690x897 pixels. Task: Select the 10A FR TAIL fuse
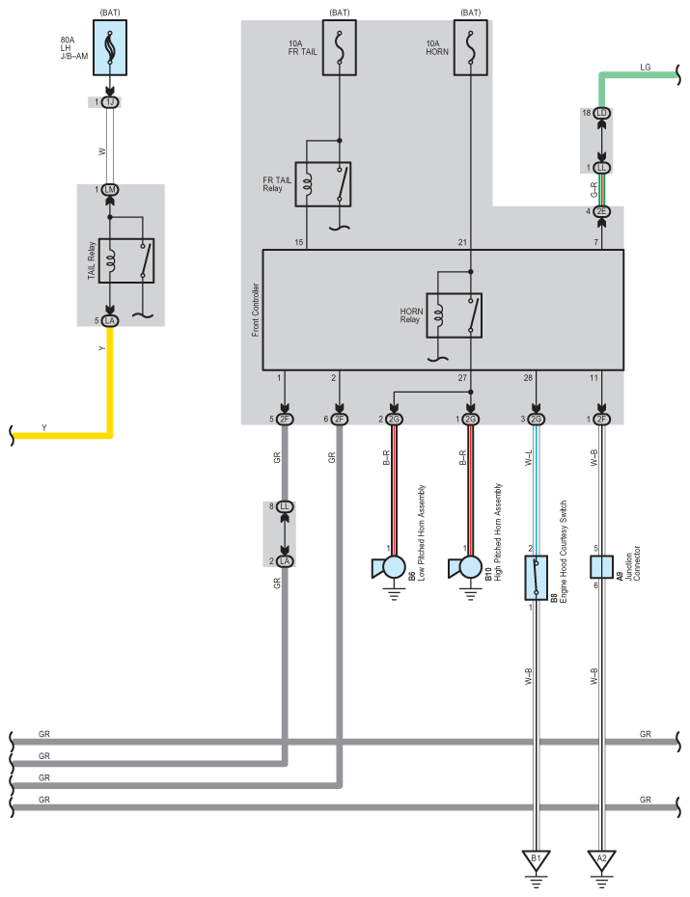click(339, 46)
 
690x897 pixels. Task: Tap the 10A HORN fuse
click(470, 46)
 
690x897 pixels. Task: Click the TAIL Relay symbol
click(126, 259)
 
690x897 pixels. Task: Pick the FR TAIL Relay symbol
click(323, 183)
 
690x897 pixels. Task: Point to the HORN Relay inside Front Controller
click(454, 314)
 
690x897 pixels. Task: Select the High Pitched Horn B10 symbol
click(467, 568)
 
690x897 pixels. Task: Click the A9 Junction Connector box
click(602, 566)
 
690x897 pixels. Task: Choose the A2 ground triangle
click(602, 857)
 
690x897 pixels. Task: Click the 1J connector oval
click(110, 102)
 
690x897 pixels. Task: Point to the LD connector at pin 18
click(602, 113)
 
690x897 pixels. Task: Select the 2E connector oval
click(602, 212)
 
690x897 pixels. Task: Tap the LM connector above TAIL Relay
click(110, 190)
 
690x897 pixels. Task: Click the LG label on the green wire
click(645, 68)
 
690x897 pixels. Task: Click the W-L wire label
click(528, 455)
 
